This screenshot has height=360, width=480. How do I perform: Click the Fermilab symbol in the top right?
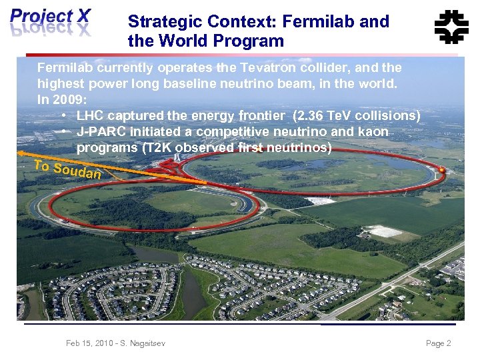tap(451, 27)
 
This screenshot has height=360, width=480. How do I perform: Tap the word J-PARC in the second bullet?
tap(99, 131)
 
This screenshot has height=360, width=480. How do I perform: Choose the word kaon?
tap(373, 131)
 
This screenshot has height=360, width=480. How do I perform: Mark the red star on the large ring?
tap(441, 171)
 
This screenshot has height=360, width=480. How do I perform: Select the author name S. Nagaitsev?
tap(141, 343)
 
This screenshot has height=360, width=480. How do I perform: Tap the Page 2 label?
tap(438, 343)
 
